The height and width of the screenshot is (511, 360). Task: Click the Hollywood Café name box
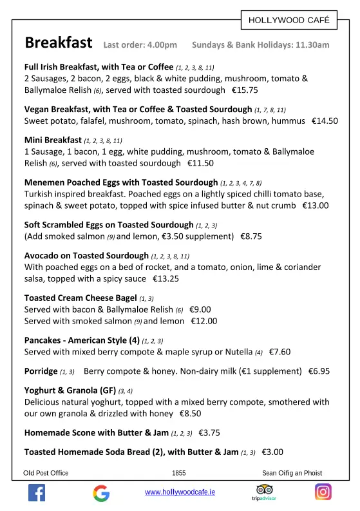tap(289, 21)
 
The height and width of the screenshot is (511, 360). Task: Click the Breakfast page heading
tap(59, 43)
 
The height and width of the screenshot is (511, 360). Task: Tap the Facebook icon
tap(37, 493)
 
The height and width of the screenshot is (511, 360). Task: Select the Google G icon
tap(101, 493)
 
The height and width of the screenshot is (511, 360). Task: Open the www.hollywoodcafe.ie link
tap(180, 492)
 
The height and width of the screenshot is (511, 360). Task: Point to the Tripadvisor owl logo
tap(264, 490)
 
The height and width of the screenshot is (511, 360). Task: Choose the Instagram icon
tap(323, 492)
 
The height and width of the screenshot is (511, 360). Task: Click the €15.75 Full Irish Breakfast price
tap(245, 90)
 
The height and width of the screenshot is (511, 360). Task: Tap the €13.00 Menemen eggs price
tap(316, 206)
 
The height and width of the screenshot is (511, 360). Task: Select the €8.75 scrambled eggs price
tap(251, 236)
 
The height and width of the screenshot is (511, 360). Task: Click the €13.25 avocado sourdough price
tap(166, 279)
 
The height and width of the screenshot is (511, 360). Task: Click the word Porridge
tap(41, 371)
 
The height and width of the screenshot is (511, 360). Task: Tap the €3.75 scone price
tap(209, 432)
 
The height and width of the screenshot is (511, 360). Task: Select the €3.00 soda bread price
tap(272, 452)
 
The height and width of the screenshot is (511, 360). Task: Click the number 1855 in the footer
tap(179, 473)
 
